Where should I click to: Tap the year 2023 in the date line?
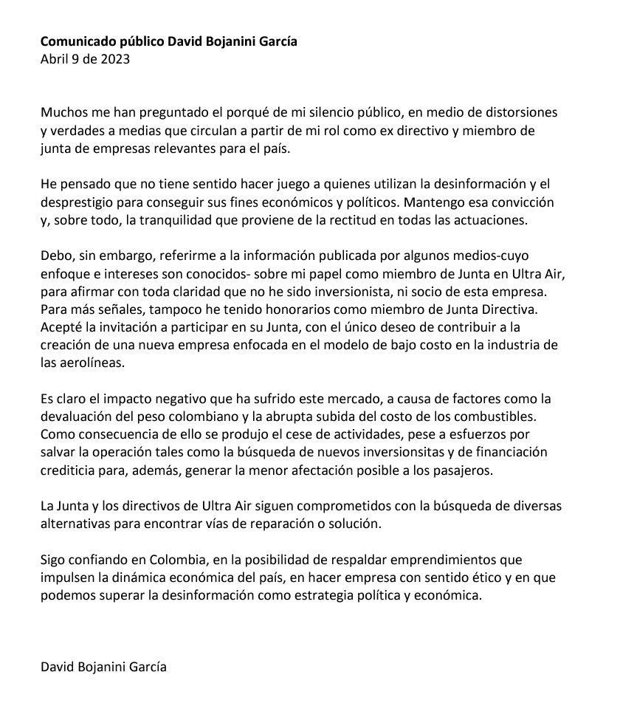(115, 60)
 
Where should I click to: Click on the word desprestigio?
(77, 202)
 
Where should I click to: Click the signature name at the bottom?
(103, 667)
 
